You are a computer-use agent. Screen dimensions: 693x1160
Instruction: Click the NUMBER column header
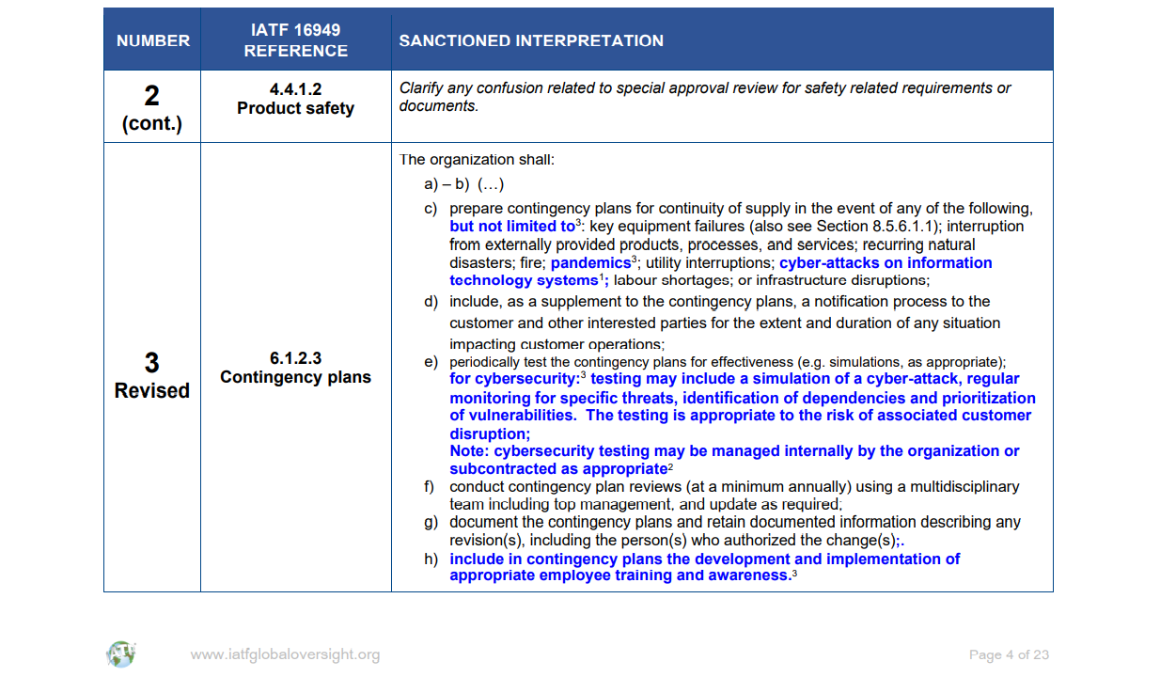pos(152,40)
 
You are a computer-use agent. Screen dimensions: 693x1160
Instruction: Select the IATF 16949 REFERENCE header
pos(295,40)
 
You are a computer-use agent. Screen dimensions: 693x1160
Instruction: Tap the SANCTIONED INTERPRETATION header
pos(531,40)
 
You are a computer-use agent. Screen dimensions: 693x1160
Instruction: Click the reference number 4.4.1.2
pos(295,89)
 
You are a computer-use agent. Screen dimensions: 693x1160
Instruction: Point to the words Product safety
pos(295,108)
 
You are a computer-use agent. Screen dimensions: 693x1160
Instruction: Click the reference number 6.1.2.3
pos(295,358)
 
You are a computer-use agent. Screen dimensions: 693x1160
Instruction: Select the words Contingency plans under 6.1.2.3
pos(295,377)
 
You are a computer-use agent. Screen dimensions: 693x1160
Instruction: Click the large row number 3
pos(151,363)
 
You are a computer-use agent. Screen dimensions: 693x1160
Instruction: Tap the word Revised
pos(152,390)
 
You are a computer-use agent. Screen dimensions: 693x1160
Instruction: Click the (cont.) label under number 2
pos(152,124)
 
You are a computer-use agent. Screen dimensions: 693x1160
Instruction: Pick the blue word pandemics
pos(590,263)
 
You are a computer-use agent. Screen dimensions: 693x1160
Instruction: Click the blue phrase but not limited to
pos(512,227)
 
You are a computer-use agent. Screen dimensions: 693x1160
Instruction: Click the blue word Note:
pos(470,451)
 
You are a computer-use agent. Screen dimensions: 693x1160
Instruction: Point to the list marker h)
pos(431,559)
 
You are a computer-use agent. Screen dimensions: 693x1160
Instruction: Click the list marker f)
pos(431,487)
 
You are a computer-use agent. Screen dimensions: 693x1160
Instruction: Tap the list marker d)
pos(431,302)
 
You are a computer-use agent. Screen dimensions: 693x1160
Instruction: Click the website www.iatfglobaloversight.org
pos(285,654)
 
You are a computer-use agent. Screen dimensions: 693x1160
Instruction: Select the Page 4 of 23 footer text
pos(1009,654)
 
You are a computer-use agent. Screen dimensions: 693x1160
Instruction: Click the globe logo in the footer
pos(120,654)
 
